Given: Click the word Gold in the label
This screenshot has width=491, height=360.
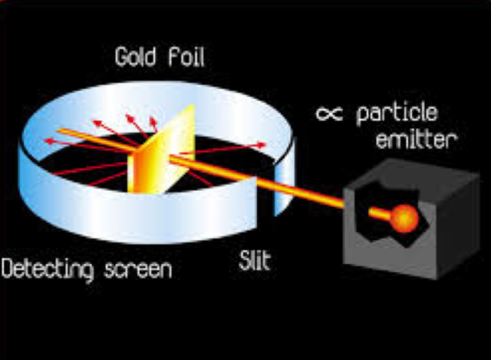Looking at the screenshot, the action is pos(135,58).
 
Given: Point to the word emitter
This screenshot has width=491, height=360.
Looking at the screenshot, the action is pos(418,140).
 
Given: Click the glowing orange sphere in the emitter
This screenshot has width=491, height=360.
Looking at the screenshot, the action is pos(404,219).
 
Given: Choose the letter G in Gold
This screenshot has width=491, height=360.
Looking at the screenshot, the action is pos(121,58).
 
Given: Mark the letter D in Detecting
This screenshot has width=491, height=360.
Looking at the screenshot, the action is pos(8,269).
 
